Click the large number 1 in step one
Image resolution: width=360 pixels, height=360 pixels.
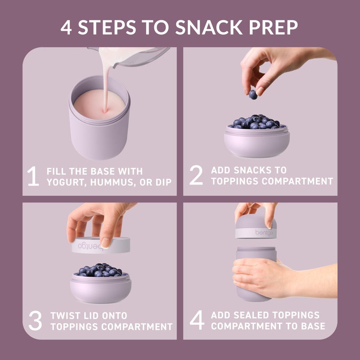point(33,176)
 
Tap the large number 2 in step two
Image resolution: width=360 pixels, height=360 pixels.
point(196,176)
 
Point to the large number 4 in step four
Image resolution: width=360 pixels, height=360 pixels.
point(197,320)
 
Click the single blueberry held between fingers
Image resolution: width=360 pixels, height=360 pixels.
point(253,94)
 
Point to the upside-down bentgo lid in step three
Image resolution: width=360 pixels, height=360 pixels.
point(101,245)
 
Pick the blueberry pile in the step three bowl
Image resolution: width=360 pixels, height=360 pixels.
point(100,270)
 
